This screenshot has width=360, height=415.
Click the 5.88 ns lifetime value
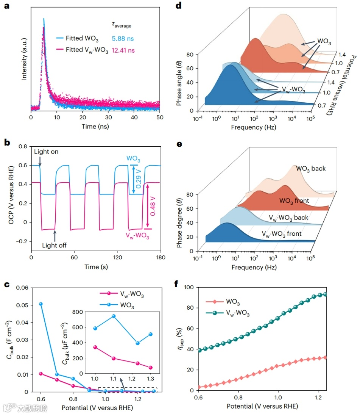(x=122, y=39)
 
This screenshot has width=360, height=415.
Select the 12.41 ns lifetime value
(x=123, y=50)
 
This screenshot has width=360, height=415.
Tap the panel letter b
(x=6, y=143)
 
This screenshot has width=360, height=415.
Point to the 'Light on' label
(x=47, y=152)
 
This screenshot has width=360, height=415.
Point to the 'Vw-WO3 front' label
(x=282, y=234)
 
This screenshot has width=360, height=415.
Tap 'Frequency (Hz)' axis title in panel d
(x=253, y=127)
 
